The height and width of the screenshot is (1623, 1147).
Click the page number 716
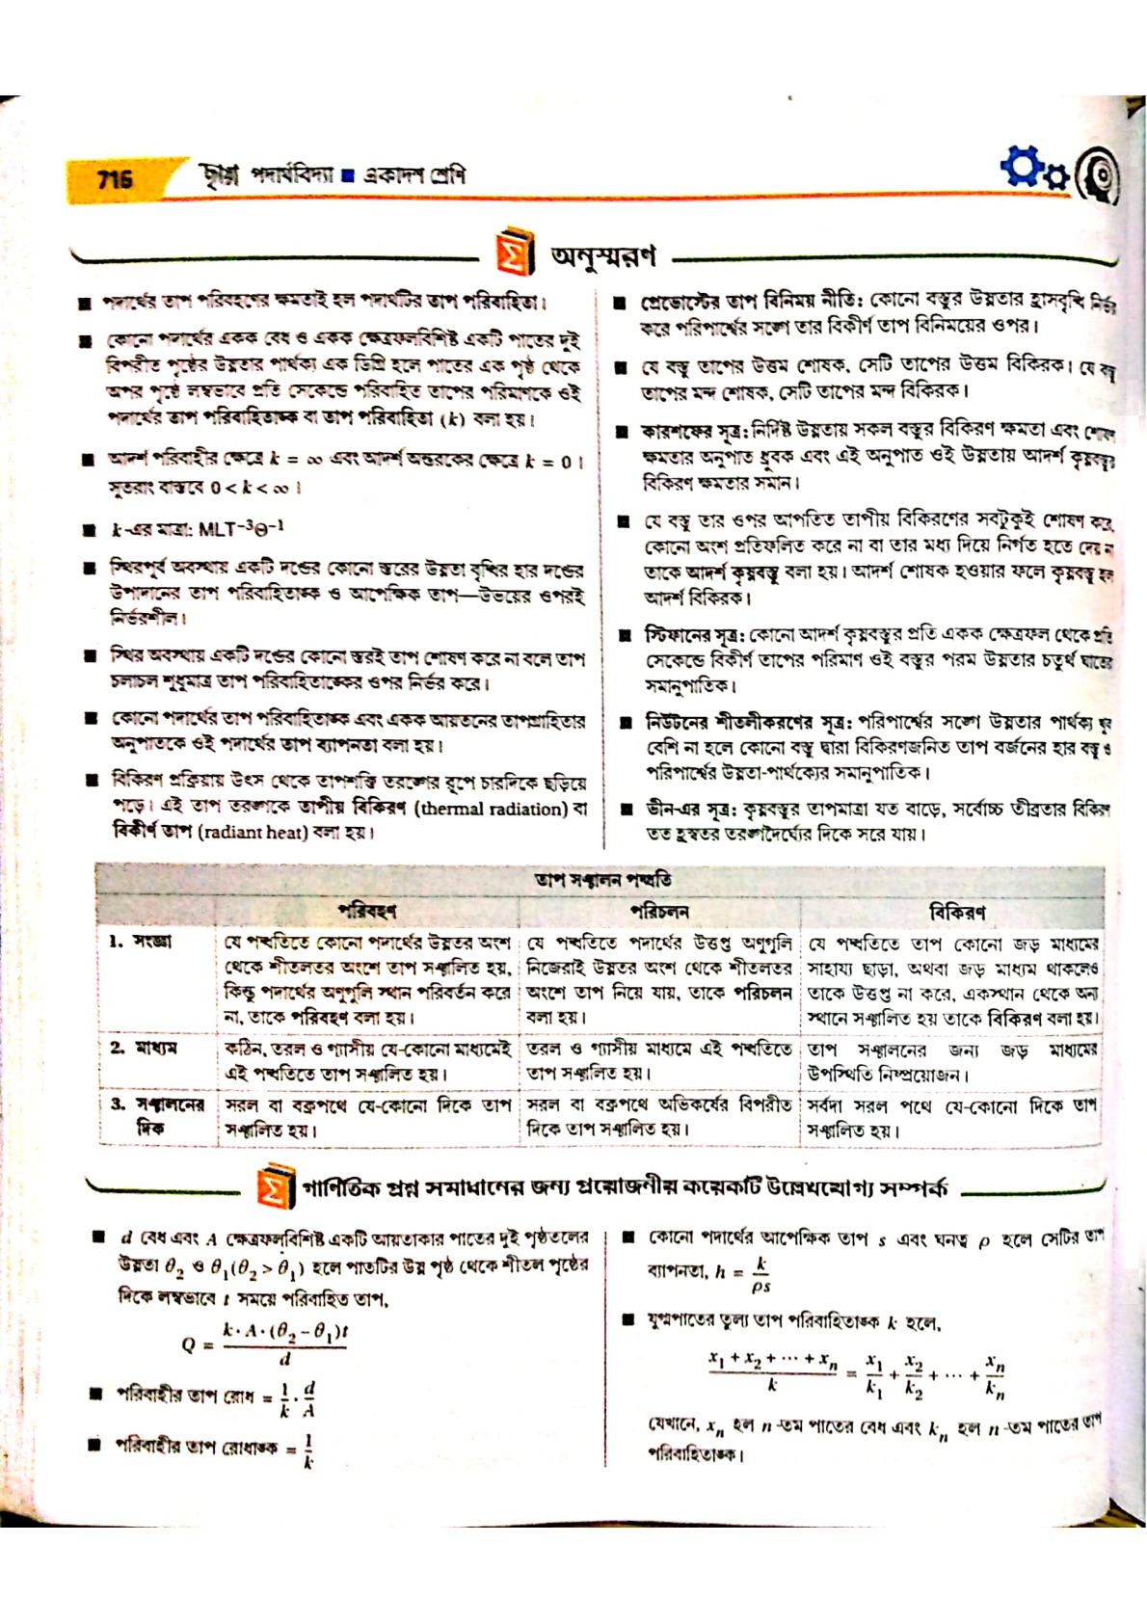click(x=115, y=179)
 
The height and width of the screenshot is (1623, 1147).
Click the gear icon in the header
click(x=1026, y=168)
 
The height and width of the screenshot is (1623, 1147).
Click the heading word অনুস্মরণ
click(x=602, y=255)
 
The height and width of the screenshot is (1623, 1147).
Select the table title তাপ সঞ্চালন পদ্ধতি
click(x=602, y=880)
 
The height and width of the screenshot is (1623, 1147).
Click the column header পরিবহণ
click(x=366, y=911)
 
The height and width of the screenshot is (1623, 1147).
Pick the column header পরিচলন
click(x=659, y=911)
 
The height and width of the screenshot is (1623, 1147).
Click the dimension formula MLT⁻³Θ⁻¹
click(x=240, y=529)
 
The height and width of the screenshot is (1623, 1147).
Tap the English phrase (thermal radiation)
click(x=492, y=809)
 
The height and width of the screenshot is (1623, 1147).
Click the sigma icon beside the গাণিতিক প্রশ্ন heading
click(x=274, y=1187)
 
